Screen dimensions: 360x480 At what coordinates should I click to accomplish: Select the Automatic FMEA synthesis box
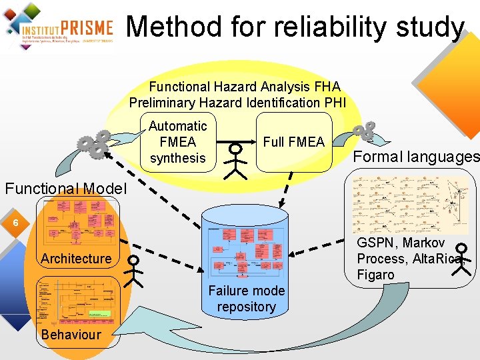178,142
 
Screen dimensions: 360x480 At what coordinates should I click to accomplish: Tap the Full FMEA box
293,142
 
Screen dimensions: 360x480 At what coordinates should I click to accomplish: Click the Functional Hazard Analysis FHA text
244,87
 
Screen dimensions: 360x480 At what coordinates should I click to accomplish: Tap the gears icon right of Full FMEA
364,131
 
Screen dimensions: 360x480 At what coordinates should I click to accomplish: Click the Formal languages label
416,157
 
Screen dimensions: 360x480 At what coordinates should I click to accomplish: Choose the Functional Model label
65,189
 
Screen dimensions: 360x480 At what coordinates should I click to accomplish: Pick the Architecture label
76,259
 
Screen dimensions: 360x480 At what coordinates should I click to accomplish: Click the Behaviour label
71,335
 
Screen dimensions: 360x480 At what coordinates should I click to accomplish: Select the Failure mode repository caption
246,299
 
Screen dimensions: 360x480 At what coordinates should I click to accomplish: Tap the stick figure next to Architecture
135,270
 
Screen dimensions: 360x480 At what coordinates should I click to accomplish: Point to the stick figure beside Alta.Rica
465,259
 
